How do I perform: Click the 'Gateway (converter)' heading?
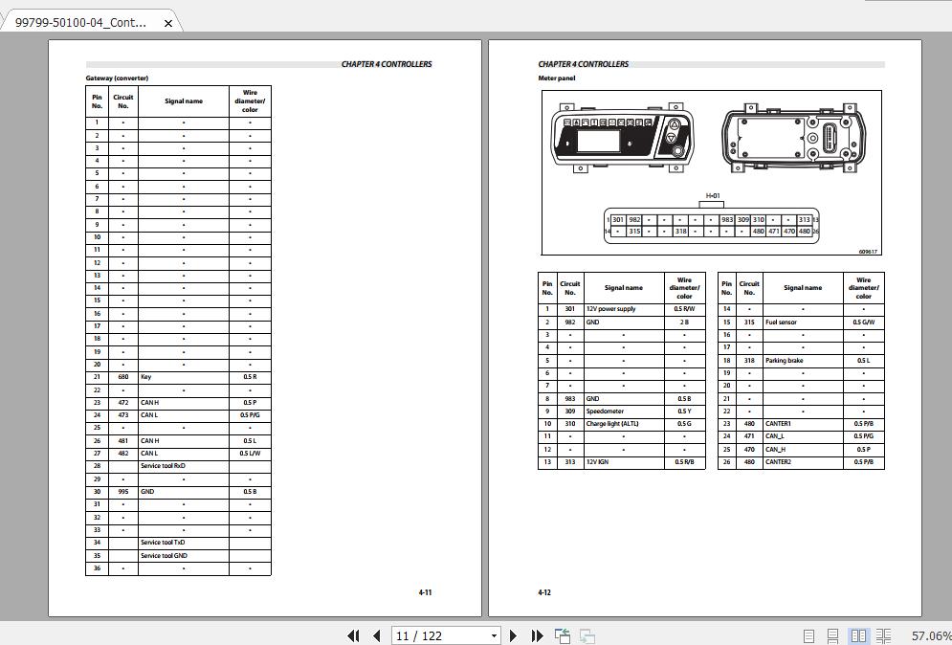[x=117, y=78]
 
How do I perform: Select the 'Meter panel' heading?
[x=557, y=78]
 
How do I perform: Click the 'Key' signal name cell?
[x=146, y=377]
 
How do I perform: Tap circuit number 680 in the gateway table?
[x=122, y=377]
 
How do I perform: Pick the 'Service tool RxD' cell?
[x=163, y=466]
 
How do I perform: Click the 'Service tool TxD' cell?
[x=163, y=543]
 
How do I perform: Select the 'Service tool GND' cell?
[x=164, y=555]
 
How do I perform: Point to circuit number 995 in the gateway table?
[x=122, y=492]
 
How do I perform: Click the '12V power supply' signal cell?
[x=610, y=309]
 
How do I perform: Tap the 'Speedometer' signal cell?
[x=605, y=411]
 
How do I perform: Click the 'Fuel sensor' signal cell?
[x=781, y=322]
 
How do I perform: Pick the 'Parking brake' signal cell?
[x=784, y=361]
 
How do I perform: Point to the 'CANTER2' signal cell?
[x=778, y=462]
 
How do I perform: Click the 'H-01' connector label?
[x=713, y=196]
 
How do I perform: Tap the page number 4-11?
[x=425, y=592]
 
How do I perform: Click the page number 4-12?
[x=544, y=592]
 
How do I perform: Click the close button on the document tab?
[x=168, y=23]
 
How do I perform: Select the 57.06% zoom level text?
[x=931, y=635]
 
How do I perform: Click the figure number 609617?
[x=868, y=252]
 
